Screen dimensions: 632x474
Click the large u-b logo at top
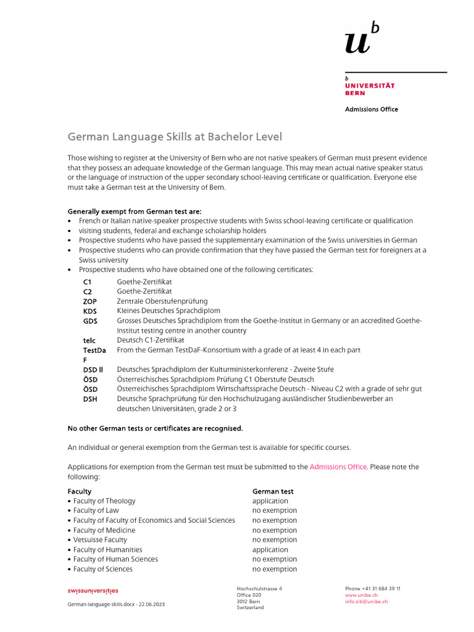(x=362, y=38)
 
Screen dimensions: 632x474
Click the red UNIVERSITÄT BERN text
(x=369, y=89)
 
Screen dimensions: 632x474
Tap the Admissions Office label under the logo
(x=371, y=109)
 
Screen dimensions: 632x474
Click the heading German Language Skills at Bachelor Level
(x=175, y=136)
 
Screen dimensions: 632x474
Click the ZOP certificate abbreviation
(x=90, y=301)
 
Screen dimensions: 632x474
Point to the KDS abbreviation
(x=90, y=311)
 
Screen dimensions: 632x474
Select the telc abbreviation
(x=89, y=340)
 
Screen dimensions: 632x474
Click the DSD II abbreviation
(x=93, y=370)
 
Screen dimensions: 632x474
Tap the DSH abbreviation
(x=90, y=399)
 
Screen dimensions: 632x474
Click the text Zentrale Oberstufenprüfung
(x=162, y=301)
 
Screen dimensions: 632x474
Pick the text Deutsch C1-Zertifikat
(x=151, y=340)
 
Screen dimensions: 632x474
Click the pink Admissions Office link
(x=338, y=467)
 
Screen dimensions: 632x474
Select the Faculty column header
(x=79, y=491)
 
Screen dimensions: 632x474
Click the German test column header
(x=273, y=491)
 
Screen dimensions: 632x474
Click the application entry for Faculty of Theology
(x=270, y=501)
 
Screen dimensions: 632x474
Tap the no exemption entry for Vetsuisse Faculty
(x=275, y=540)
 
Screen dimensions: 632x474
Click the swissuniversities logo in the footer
(x=93, y=591)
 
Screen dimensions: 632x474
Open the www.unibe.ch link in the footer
(x=361, y=595)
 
